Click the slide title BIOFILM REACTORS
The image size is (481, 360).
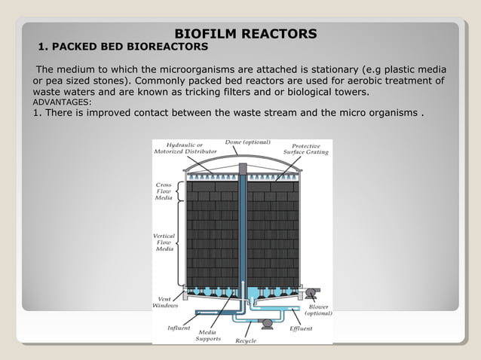246,34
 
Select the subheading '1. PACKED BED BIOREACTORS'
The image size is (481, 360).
123,47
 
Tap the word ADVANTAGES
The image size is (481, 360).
62,102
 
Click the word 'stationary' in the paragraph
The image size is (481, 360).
322,70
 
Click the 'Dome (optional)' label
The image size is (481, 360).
247,142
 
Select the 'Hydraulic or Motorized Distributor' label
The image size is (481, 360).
179,148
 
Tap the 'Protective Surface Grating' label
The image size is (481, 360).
305,148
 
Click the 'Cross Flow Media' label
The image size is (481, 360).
164,193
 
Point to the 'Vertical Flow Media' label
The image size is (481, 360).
164,242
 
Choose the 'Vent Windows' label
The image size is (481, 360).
165,301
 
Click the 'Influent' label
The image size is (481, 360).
179,328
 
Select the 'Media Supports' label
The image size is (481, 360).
208,335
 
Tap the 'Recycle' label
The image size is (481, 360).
246,340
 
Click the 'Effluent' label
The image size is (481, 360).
301,328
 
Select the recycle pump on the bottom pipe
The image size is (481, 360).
265,323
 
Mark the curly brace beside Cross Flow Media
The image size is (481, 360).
178,193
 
